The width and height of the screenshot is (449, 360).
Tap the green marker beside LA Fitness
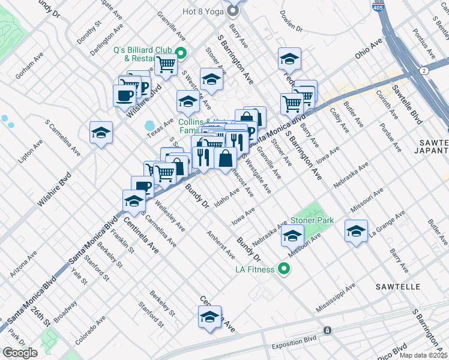tap(284, 269)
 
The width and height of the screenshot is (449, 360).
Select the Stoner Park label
tap(312, 220)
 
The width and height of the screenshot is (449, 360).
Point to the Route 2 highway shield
tap(424, 71)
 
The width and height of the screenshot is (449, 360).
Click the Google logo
tap(20, 352)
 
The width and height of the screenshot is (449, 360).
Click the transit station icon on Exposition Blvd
tap(327, 331)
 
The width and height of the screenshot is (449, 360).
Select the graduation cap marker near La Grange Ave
tap(357, 231)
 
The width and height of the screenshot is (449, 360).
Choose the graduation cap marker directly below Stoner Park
tap(292, 237)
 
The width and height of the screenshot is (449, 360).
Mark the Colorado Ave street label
tap(90, 327)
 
